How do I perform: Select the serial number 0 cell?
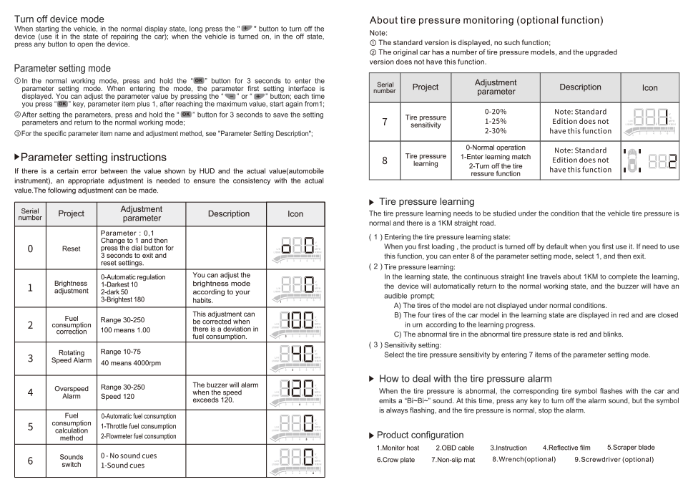[30, 249]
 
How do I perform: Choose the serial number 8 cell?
[385, 160]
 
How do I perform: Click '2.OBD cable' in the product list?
[455, 448]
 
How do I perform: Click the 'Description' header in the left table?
[228, 213]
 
